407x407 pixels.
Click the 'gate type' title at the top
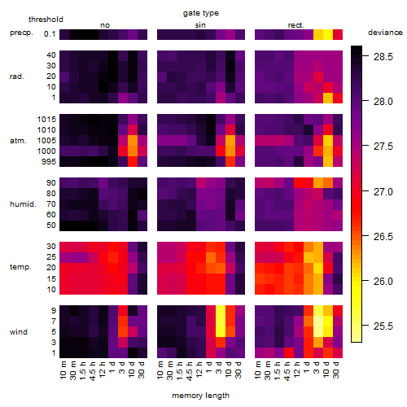201,13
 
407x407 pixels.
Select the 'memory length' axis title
200,396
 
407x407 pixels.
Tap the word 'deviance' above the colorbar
385,33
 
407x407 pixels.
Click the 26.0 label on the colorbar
383,282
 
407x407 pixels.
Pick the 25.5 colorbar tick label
383,326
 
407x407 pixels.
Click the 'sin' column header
200,25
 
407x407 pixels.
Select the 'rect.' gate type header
296,25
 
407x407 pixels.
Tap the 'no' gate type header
105,25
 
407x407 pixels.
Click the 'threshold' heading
46,20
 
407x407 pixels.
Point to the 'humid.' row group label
23,204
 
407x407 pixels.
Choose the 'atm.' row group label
18,141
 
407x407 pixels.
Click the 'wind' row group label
19,332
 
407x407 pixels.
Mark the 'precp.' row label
21,33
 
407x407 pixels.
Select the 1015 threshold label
46,119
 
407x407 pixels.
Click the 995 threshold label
49,162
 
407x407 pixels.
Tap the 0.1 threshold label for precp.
50,34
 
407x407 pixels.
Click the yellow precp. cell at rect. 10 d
328,34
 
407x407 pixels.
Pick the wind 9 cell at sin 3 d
221,310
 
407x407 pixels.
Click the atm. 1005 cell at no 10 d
133,141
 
